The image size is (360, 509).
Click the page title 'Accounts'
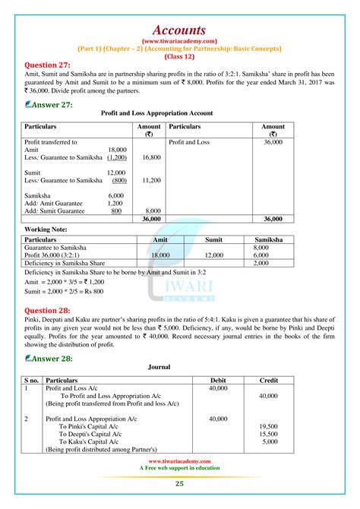(x=179, y=12)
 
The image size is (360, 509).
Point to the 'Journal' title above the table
(x=159, y=367)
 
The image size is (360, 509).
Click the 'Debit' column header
(x=218, y=379)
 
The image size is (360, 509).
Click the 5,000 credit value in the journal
(x=270, y=441)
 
